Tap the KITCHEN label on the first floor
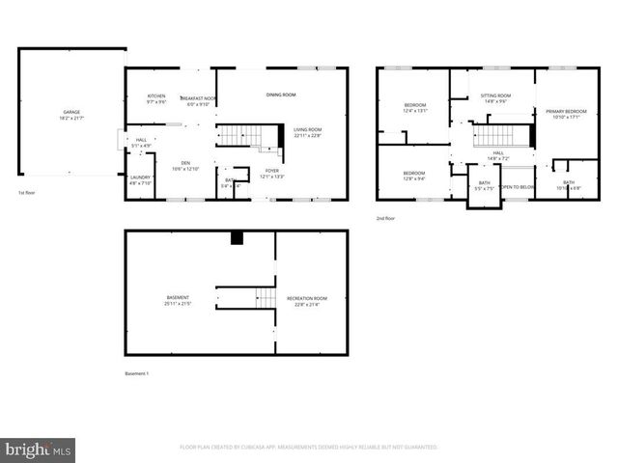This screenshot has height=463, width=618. pos(156,95)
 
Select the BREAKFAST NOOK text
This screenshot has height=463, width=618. pos(197,99)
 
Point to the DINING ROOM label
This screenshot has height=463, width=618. pos(281,95)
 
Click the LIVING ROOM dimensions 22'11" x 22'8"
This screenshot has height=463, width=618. pos(307,136)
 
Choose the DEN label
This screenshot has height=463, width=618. pos(184,163)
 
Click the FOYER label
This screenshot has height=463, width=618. pos(272,171)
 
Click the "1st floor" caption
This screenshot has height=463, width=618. pos(27,194)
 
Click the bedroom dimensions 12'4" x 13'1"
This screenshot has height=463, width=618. pos(416,110)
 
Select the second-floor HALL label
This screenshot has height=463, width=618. pos(498,152)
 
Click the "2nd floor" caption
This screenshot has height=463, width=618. pos(385,219)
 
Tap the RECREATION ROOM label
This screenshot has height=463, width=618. pos(307,298)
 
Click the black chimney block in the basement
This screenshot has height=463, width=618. pos(237,237)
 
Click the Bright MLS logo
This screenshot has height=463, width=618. pos(38,449)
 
